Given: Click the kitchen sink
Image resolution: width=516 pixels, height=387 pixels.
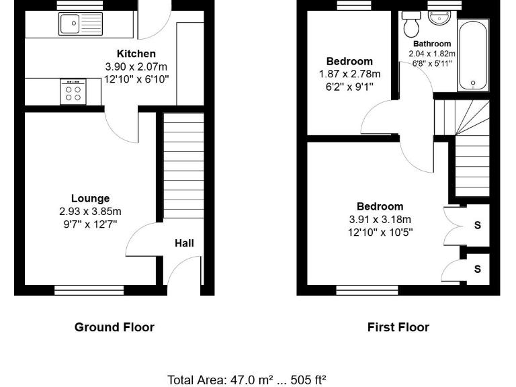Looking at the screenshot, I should pyautogui.click(x=80, y=24).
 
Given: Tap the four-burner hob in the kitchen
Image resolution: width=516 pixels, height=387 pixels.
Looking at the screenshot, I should pyautogui.click(x=73, y=91).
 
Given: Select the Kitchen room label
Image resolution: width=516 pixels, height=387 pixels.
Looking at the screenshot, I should pyautogui.click(x=136, y=54).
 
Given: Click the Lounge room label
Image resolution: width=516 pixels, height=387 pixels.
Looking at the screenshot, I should pyautogui.click(x=90, y=198).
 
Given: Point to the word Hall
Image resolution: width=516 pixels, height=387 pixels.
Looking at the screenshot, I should pyautogui.click(x=184, y=243).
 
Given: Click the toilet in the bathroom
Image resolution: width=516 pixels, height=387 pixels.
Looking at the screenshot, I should pyautogui.click(x=411, y=26).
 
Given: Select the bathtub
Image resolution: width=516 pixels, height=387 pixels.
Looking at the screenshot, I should pyautogui.click(x=473, y=55).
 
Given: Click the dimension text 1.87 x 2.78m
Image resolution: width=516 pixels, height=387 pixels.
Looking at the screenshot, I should pyautogui.click(x=349, y=74).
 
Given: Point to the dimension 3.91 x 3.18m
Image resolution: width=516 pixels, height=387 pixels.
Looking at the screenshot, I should pyautogui.click(x=380, y=220).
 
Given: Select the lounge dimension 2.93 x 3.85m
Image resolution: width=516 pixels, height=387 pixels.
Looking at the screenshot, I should pyautogui.click(x=90, y=212).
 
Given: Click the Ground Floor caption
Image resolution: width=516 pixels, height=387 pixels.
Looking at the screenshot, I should pyautogui.click(x=114, y=327).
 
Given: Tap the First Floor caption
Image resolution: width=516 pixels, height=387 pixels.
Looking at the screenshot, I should pyautogui.click(x=398, y=327).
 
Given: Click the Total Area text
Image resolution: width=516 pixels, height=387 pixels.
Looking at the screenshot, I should pyautogui.click(x=247, y=380).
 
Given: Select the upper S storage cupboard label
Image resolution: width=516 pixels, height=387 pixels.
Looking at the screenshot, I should pyautogui.click(x=478, y=225).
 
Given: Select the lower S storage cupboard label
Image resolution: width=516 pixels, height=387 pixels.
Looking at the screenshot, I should pyautogui.click(x=478, y=269).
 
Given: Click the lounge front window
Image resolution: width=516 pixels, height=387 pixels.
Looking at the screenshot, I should pyautogui.click(x=76, y=290).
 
